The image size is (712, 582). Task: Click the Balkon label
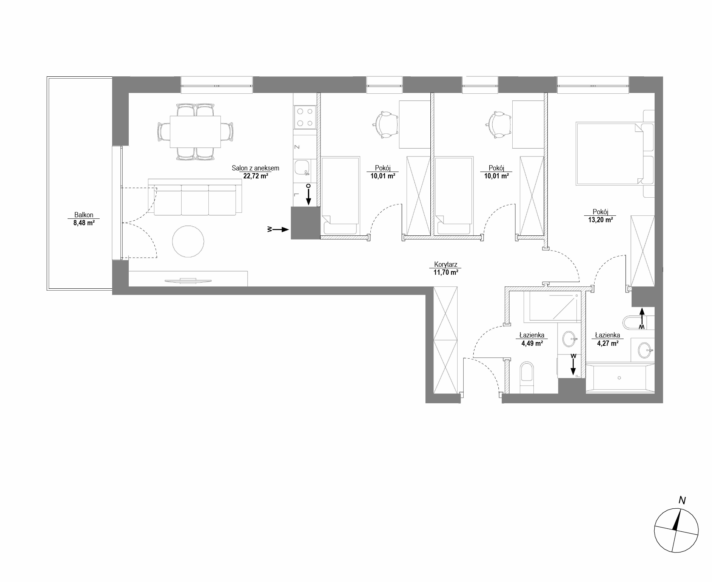[84, 215]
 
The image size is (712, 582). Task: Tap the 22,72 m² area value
[256, 176]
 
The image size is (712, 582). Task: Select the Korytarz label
[446, 265]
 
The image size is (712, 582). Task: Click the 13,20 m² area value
[600, 219]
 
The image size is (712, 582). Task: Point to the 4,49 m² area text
[532, 343]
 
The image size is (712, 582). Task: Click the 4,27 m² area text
[607, 343]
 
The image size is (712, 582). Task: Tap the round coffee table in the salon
[188, 241]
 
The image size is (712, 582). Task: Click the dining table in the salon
[195, 132]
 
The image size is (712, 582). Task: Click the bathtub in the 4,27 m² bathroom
[620, 378]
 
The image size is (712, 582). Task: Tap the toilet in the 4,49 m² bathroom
[527, 378]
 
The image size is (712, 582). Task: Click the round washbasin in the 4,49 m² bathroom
[569, 339]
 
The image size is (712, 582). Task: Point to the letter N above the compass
[682, 501]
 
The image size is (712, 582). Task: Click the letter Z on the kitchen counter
[297, 147]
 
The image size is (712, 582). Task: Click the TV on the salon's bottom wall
[188, 280]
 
